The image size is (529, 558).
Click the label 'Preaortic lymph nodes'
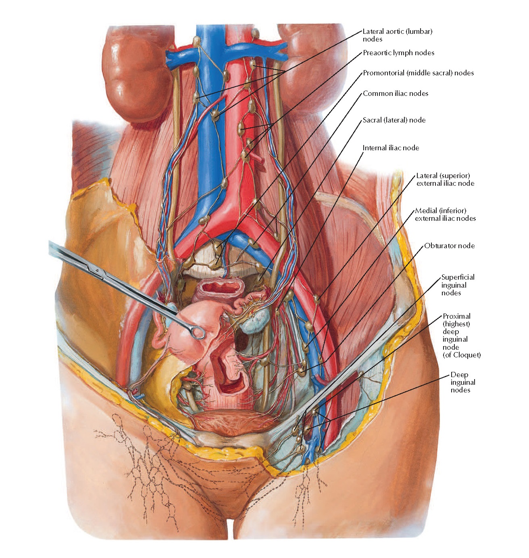[398, 53]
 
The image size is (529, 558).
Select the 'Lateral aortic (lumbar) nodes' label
[397, 35]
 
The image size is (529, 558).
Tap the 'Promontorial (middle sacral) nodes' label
[418, 73]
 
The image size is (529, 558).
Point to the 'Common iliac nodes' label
[395, 93]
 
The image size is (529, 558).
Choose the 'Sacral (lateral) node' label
[394, 120]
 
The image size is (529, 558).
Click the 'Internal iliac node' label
[391, 148]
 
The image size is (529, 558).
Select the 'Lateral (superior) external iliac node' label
[445, 179]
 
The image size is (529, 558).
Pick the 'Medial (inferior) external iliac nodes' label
[445, 214]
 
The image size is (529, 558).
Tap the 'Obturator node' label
[449, 246]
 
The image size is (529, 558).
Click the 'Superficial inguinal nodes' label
[457, 285]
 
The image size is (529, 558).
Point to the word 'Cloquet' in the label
[466, 355]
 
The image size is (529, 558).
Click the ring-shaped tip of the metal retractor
[198, 332]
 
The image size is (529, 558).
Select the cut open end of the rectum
[221, 287]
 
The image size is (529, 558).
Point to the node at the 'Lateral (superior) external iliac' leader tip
[317, 299]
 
